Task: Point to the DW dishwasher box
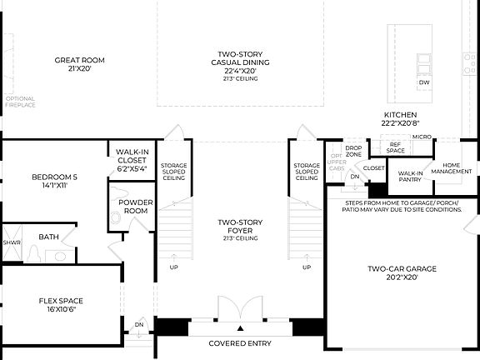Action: tap(423, 82)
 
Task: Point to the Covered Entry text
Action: tap(240, 343)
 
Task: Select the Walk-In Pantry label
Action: tap(408, 176)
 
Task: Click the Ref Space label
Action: tap(396, 147)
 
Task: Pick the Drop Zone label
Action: tap(354, 152)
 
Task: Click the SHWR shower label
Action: tap(11, 242)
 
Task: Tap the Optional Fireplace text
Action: tap(20, 102)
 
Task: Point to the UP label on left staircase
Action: tap(173, 267)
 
